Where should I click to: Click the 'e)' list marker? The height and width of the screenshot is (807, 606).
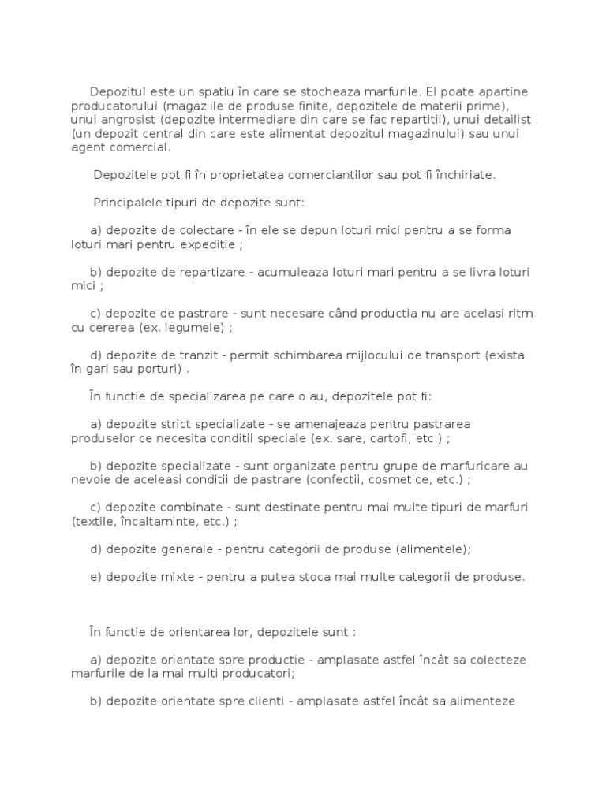click(96, 577)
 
